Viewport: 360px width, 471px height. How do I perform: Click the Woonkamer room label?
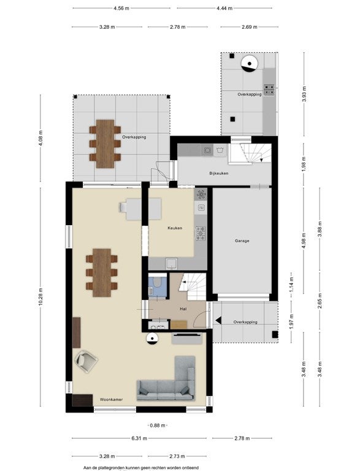[x=111, y=399]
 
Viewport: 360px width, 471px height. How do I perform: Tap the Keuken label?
[x=175, y=228]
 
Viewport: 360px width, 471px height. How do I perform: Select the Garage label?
[x=242, y=240]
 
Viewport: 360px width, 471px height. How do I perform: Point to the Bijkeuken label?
[x=219, y=174]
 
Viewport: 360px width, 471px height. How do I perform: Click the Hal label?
[x=183, y=309]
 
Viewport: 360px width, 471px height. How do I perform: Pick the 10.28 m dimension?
[x=40, y=297]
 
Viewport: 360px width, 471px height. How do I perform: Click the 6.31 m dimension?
[x=139, y=438]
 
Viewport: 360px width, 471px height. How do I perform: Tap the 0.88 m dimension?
[x=158, y=426]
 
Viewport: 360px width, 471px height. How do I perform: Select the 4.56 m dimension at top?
[x=121, y=8]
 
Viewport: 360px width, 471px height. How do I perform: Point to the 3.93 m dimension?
[x=304, y=94]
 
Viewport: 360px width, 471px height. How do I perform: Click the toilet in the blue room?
[x=156, y=282]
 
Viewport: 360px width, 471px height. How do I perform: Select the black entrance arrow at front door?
[x=218, y=321]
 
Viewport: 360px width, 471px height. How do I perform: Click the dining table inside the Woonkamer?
[x=102, y=272]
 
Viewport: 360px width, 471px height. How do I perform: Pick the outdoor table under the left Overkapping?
[x=105, y=144]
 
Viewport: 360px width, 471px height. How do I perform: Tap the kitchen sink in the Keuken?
[x=172, y=264]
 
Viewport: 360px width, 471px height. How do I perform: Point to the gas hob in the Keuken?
[x=201, y=234]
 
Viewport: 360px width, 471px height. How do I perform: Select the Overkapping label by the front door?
[x=245, y=322]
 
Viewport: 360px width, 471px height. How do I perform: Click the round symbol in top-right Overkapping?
[x=250, y=64]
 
